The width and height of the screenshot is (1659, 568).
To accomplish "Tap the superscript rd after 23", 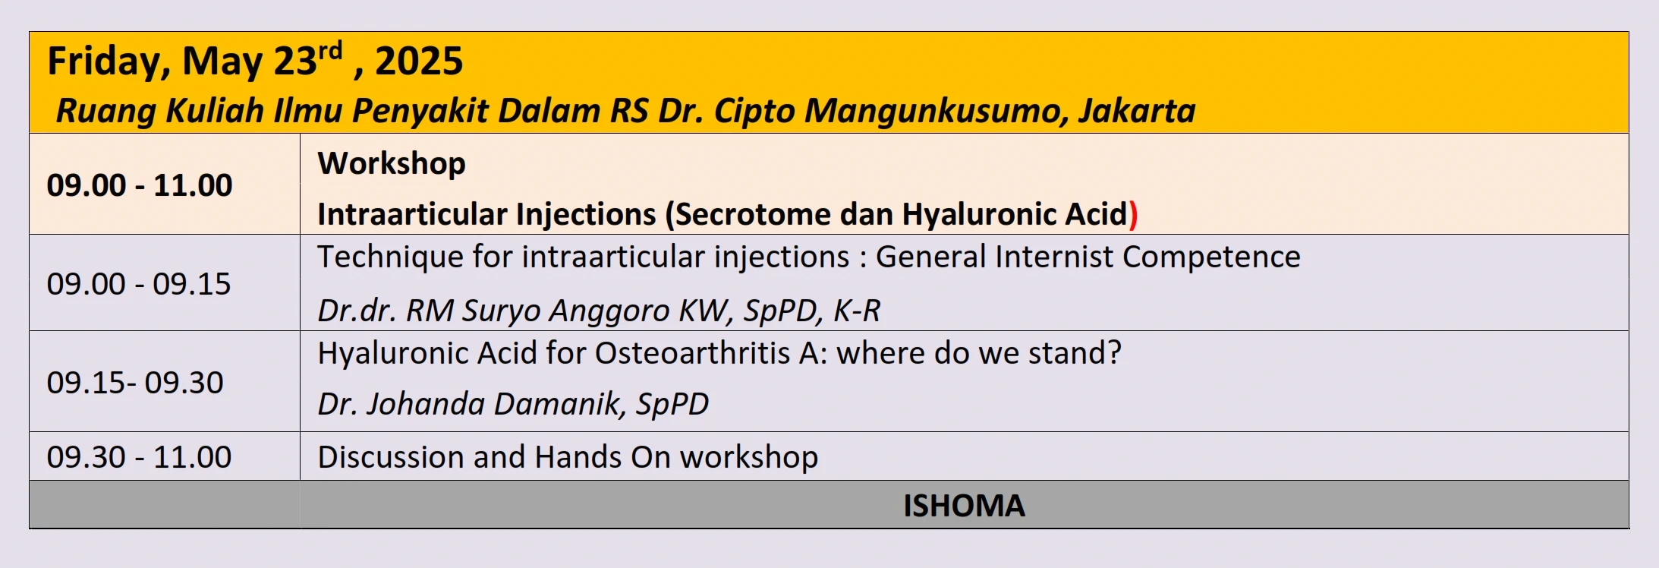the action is (x=330, y=51).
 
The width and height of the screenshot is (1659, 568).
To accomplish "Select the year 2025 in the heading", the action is (x=419, y=61).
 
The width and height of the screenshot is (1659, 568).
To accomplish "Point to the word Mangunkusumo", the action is (x=930, y=111).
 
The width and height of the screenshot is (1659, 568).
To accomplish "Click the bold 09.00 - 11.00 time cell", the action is (x=140, y=185).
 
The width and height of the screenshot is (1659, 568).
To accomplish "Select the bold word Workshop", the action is (x=392, y=164).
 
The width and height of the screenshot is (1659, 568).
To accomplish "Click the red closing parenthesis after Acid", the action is (x=1134, y=215).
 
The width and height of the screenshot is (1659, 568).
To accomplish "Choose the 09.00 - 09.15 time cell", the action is (x=139, y=284).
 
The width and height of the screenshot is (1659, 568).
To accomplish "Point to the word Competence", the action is (x=1211, y=257).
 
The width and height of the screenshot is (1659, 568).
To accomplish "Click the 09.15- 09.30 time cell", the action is (x=135, y=383).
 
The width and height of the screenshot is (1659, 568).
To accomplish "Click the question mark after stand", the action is (x=1114, y=353).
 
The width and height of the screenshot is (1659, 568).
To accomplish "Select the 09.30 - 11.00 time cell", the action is (x=139, y=457).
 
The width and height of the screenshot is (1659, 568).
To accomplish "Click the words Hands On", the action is (x=603, y=457).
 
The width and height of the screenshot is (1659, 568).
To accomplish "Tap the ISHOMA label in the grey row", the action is (x=964, y=506).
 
